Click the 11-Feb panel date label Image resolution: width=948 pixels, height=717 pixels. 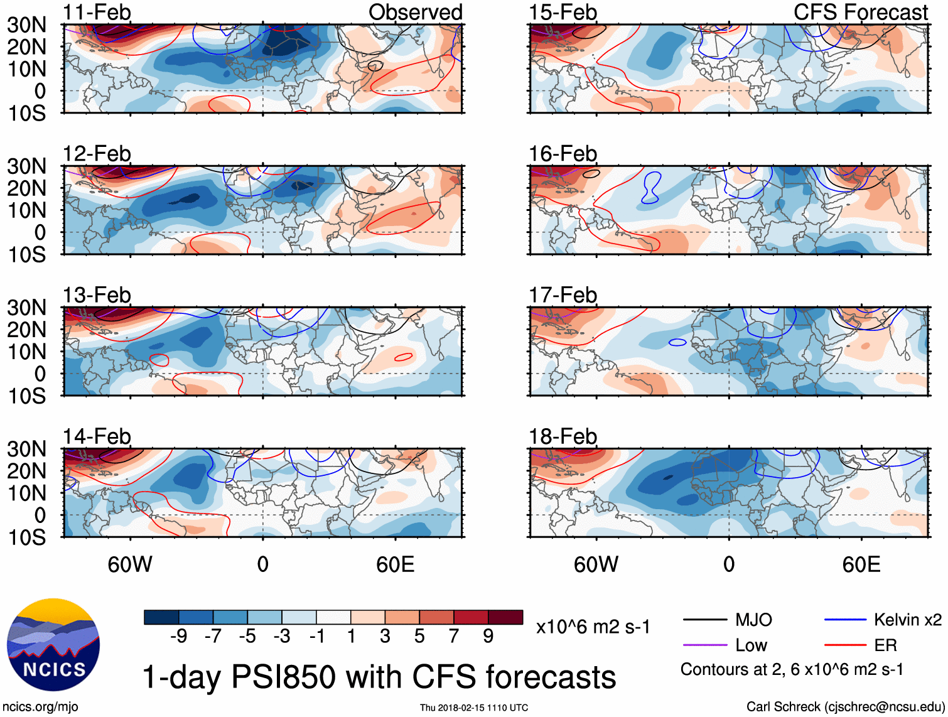click(97, 12)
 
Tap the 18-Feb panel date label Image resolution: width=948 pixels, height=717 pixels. click(563, 436)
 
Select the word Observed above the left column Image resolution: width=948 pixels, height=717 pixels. click(415, 12)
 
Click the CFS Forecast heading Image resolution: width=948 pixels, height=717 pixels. click(860, 12)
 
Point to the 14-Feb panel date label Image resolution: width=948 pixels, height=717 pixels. click(97, 436)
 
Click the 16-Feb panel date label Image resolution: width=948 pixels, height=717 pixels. click(563, 153)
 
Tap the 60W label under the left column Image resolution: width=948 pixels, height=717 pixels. click(130, 564)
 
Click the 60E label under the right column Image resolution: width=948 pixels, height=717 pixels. click(861, 564)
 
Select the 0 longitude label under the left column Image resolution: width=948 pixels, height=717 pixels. click(263, 564)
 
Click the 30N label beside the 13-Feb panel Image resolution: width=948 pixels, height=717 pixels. click(26, 308)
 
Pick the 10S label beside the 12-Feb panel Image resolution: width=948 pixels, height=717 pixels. click(26, 254)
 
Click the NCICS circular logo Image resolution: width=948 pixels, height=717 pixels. click(53, 645)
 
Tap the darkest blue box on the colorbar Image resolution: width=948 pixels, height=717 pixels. click(161, 617)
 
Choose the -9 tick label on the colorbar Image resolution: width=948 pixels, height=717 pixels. click(178, 637)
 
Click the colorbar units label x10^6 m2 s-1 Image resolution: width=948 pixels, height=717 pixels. click(593, 626)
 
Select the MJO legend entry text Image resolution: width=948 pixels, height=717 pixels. click(753, 620)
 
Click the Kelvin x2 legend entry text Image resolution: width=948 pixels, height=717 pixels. click(907, 620)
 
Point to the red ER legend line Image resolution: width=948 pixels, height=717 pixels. click(844, 645)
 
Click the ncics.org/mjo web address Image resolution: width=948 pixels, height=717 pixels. click(40, 706)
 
